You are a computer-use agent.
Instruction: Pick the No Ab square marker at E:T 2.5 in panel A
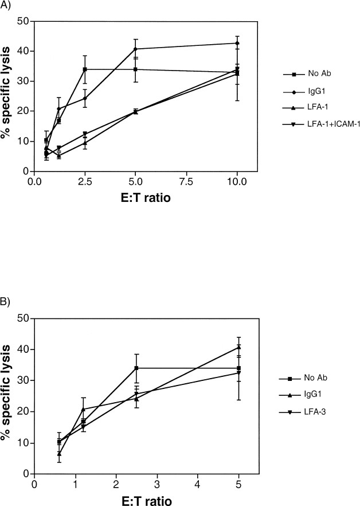pyautogui.click(x=85, y=69)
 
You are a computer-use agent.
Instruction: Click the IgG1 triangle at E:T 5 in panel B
pyautogui.click(x=238, y=347)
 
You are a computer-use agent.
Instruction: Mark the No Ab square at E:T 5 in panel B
pyautogui.click(x=238, y=368)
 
